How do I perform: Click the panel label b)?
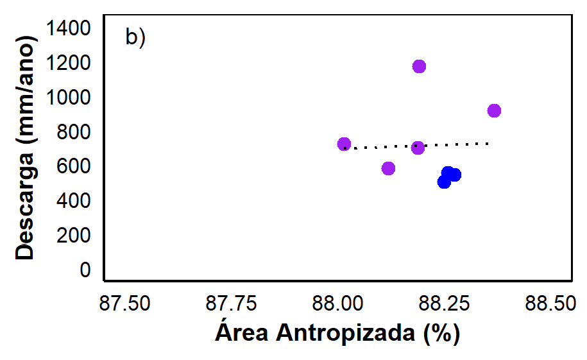pos(135,37)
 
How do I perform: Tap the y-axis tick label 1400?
pos(68,28)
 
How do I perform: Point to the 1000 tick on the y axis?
pos(68,98)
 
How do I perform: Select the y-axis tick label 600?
pos(74,166)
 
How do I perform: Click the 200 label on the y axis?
pos(74,236)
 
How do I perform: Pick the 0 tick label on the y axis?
pos(85,270)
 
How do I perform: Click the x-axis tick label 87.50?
pos(124,303)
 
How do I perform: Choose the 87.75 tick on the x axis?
pos(232,303)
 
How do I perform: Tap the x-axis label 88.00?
pos(337,303)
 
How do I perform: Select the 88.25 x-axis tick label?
pos(444,303)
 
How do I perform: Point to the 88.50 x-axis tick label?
pos(550,303)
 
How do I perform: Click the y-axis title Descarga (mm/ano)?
pos(26,148)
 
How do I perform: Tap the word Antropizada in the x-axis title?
pos(346,333)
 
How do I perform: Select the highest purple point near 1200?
pos(420,66)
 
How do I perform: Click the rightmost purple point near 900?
pos(494,110)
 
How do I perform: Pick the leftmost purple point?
pos(344,144)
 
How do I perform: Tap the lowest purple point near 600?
pos(389,168)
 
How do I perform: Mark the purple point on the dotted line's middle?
pos(418,148)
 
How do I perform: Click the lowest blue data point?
pos(444,182)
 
